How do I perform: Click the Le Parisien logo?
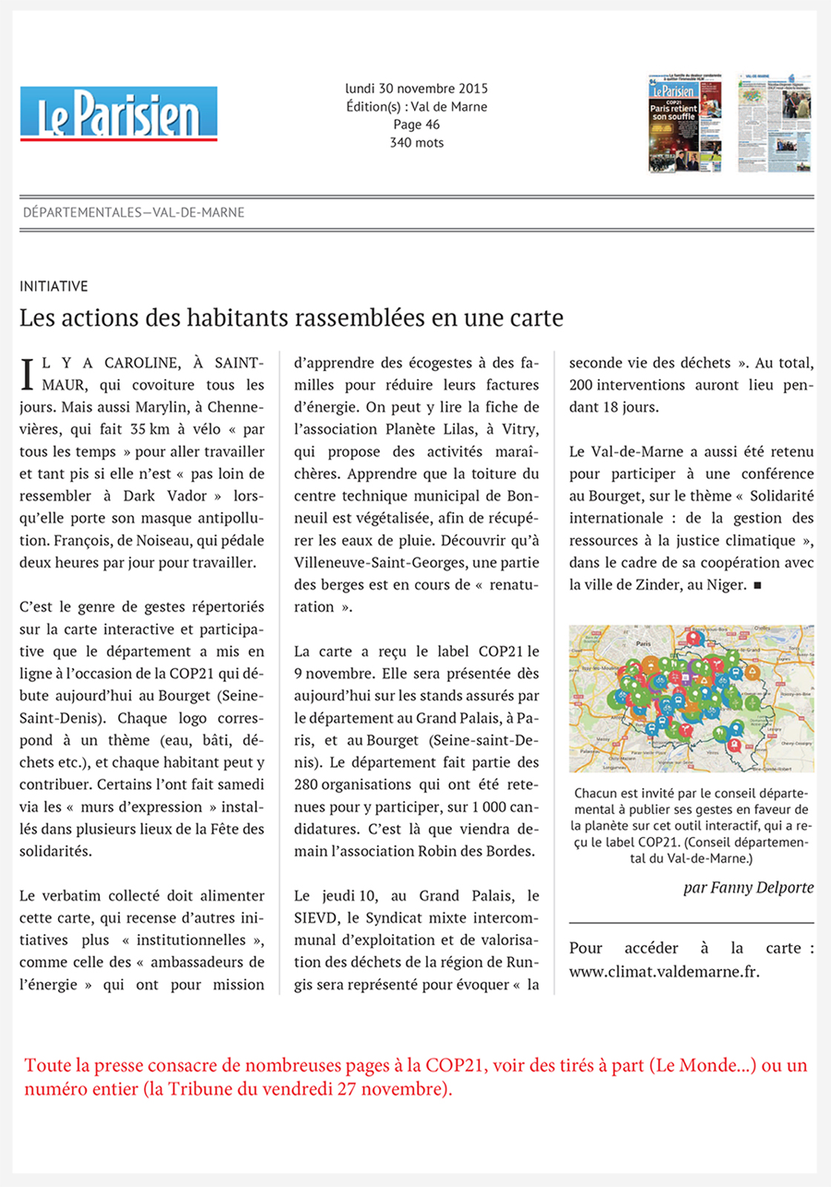[x=119, y=114]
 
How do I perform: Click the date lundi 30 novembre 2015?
[x=416, y=88]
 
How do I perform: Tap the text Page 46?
[x=416, y=125]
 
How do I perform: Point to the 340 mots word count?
[x=416, y=142]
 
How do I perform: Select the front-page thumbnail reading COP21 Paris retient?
[x=684, y=123]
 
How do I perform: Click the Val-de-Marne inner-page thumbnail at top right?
[x=774, y=123]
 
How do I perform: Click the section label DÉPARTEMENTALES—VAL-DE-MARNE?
[x=134, y=212]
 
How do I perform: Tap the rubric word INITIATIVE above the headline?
[x=53, y=286]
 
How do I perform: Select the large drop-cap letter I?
[x=27, y=374]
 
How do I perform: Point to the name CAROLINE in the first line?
[x=142, y=363]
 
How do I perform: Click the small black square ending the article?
[x=757, y=585]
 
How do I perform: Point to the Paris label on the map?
[x=643, y=643]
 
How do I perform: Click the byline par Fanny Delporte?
[x=748, y=887]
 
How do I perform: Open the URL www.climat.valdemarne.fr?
[x=664, y=970]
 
